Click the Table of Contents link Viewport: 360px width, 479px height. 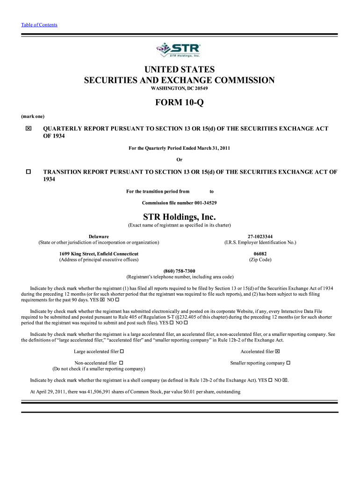pyautogui.click(x=39, y=25)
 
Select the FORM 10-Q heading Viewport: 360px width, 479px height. pyautogui.click(x=180, y=103)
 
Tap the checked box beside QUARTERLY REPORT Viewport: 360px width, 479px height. pyautogui.click(x=29, y=129)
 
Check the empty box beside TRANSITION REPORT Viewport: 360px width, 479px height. pyautogui.click(x=29, y=172)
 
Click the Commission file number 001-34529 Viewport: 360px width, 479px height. pyautogui.click(x=180, y=203)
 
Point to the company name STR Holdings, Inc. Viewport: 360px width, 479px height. pyautogui.click(x=180, y=217)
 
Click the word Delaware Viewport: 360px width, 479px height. pyautogui.click(x=99, y=236)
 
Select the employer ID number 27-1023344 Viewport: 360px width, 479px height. pyautogui.click(x=260, y=236)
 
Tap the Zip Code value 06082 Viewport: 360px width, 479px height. pyautogui.click(x=260, y=254)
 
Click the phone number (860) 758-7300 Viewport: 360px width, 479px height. pyautogui.click(x=180, y=271)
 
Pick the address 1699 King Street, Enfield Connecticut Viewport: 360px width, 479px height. pyautogui.click(x=99, y=254)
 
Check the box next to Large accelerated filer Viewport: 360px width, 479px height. pyautogui.click(x=122, y=351)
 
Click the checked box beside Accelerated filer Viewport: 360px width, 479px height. pyautogui.click(x=277, y=351)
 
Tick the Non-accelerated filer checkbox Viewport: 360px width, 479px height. pyautogui.click(x=121, y=363)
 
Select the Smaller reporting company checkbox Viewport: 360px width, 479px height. pyautogui.click(x=288, y=363)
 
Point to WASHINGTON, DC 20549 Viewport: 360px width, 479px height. pyautogui.click(x=180, y=89)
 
